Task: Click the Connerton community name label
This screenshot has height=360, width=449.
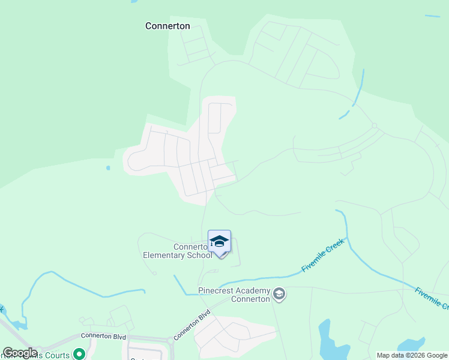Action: (167, 26)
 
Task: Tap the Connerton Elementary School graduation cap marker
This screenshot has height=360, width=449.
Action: (219, 241)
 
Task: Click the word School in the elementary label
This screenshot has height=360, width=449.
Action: (199, 255)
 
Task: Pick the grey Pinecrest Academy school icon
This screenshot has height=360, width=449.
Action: (279, 294)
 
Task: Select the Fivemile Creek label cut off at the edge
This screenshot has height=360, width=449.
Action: (432, 298)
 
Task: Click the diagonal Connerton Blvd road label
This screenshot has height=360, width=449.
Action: (192, 325)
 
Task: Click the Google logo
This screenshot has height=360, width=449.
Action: (19, 353)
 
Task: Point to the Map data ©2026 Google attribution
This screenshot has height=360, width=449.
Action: (412, 355)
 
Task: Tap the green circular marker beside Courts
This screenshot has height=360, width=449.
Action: (77, 354)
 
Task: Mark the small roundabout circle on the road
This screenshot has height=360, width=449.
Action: (374, 125)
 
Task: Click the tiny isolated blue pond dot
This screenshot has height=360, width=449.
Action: (108, 168)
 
